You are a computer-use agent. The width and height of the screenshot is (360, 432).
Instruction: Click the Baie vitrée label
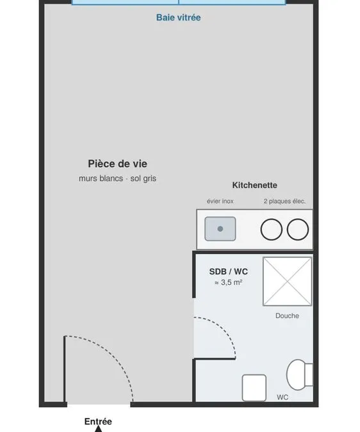coord(178,17)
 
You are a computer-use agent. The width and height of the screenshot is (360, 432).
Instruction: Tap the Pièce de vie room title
coord(117,164)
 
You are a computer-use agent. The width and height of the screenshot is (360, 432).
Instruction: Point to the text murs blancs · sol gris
coord(117,179)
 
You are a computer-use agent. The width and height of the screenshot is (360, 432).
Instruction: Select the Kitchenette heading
coord(255,185)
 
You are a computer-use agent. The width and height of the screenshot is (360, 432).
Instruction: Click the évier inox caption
coord(220,201)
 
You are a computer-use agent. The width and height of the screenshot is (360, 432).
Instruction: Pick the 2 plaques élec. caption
coord(284,201)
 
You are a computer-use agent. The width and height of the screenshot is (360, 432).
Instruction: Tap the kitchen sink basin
coord(220,228)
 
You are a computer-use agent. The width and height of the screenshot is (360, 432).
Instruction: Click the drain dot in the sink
coord(220,228)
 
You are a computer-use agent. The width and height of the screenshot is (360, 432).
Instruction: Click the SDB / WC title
coord(229,271)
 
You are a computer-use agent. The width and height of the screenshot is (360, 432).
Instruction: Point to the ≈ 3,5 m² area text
coord(228,283)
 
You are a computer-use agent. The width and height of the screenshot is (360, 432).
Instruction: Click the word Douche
coord(287,316)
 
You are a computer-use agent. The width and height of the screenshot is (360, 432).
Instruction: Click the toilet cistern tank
coord(309,374)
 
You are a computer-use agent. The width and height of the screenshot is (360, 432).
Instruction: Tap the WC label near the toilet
coord(282,397)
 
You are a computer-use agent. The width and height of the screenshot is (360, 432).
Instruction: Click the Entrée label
coord(98,422)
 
